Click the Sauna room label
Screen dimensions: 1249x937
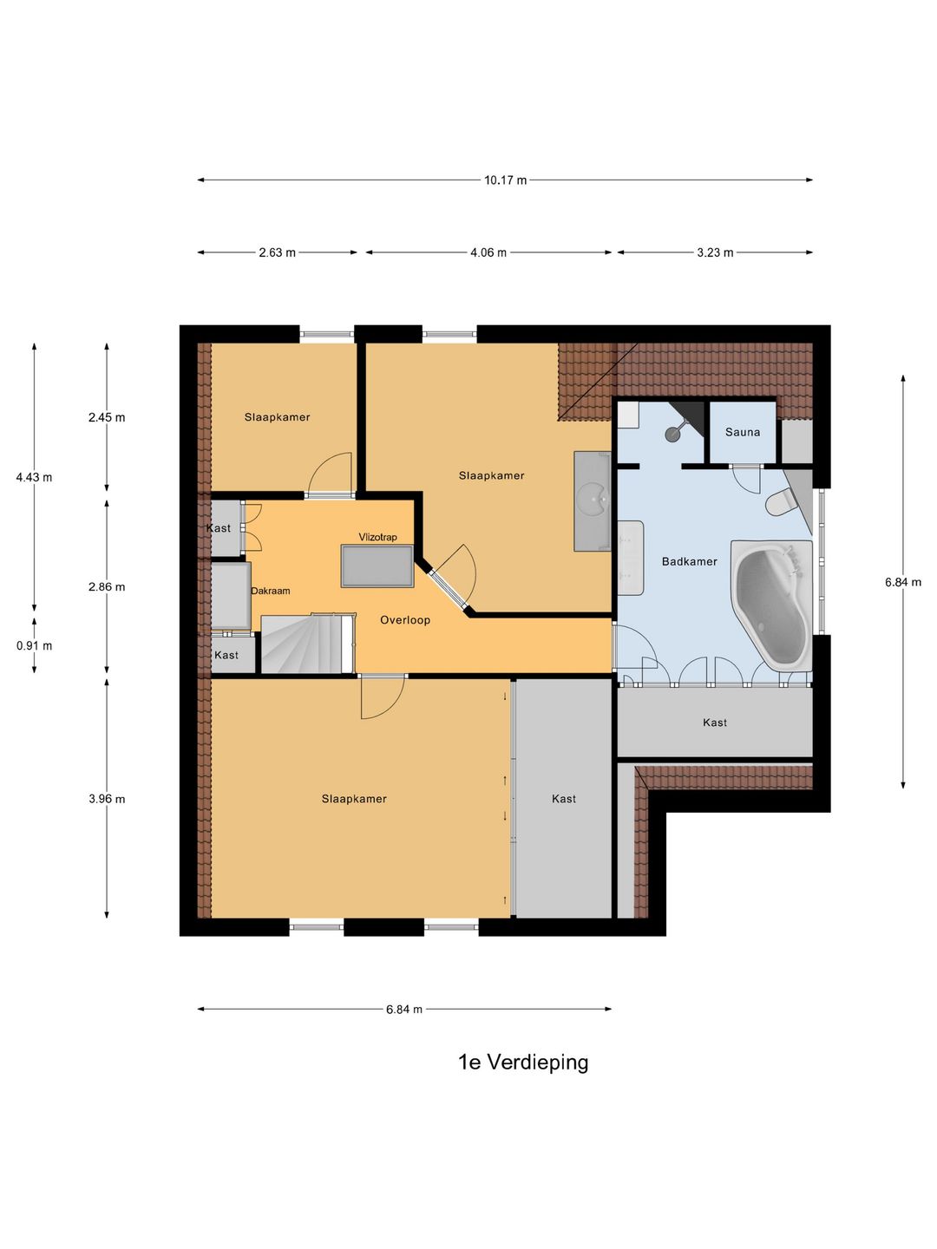pyautogui.click(x=743, y=432)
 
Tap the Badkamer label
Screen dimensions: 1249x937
pyautogui.click(x=690, y=561)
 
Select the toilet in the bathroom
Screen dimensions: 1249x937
pyautogui.click(x=780, y=502)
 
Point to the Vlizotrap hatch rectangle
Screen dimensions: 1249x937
pyautogui.click(x=377, y=566)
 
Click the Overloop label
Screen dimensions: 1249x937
pyautogui.click(x=405, y=620)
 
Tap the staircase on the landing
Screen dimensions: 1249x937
pyautogui.click(x=307, y=644)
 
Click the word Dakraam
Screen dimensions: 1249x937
pyautogui.click(x=271, y=591)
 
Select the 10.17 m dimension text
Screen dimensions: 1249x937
pyautogui.click(x=506, y=180)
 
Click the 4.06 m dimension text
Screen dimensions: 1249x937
pyautogui.click(x=488, y=252)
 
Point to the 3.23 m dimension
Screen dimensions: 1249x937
pyautogui.click(x=715, y=252)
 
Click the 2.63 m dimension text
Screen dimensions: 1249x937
pyautogui.click(x=277, y=252)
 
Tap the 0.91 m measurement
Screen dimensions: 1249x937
pyautogui.click(x=34, y=646)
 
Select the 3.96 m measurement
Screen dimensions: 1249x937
pyautogui.click(x=107, y=799)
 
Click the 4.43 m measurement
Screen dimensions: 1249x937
pyautogui.click(x=34, y=477)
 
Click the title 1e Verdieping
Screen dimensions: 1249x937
pyautogui.click(x=523, y=1063)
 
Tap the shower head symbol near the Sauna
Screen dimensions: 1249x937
pyautogui.click(x=673, y=434)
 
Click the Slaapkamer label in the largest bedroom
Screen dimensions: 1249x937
pyautogui.click(x=354, y=799)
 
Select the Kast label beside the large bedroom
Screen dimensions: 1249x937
pyautogui.click(x=564, y=799)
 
